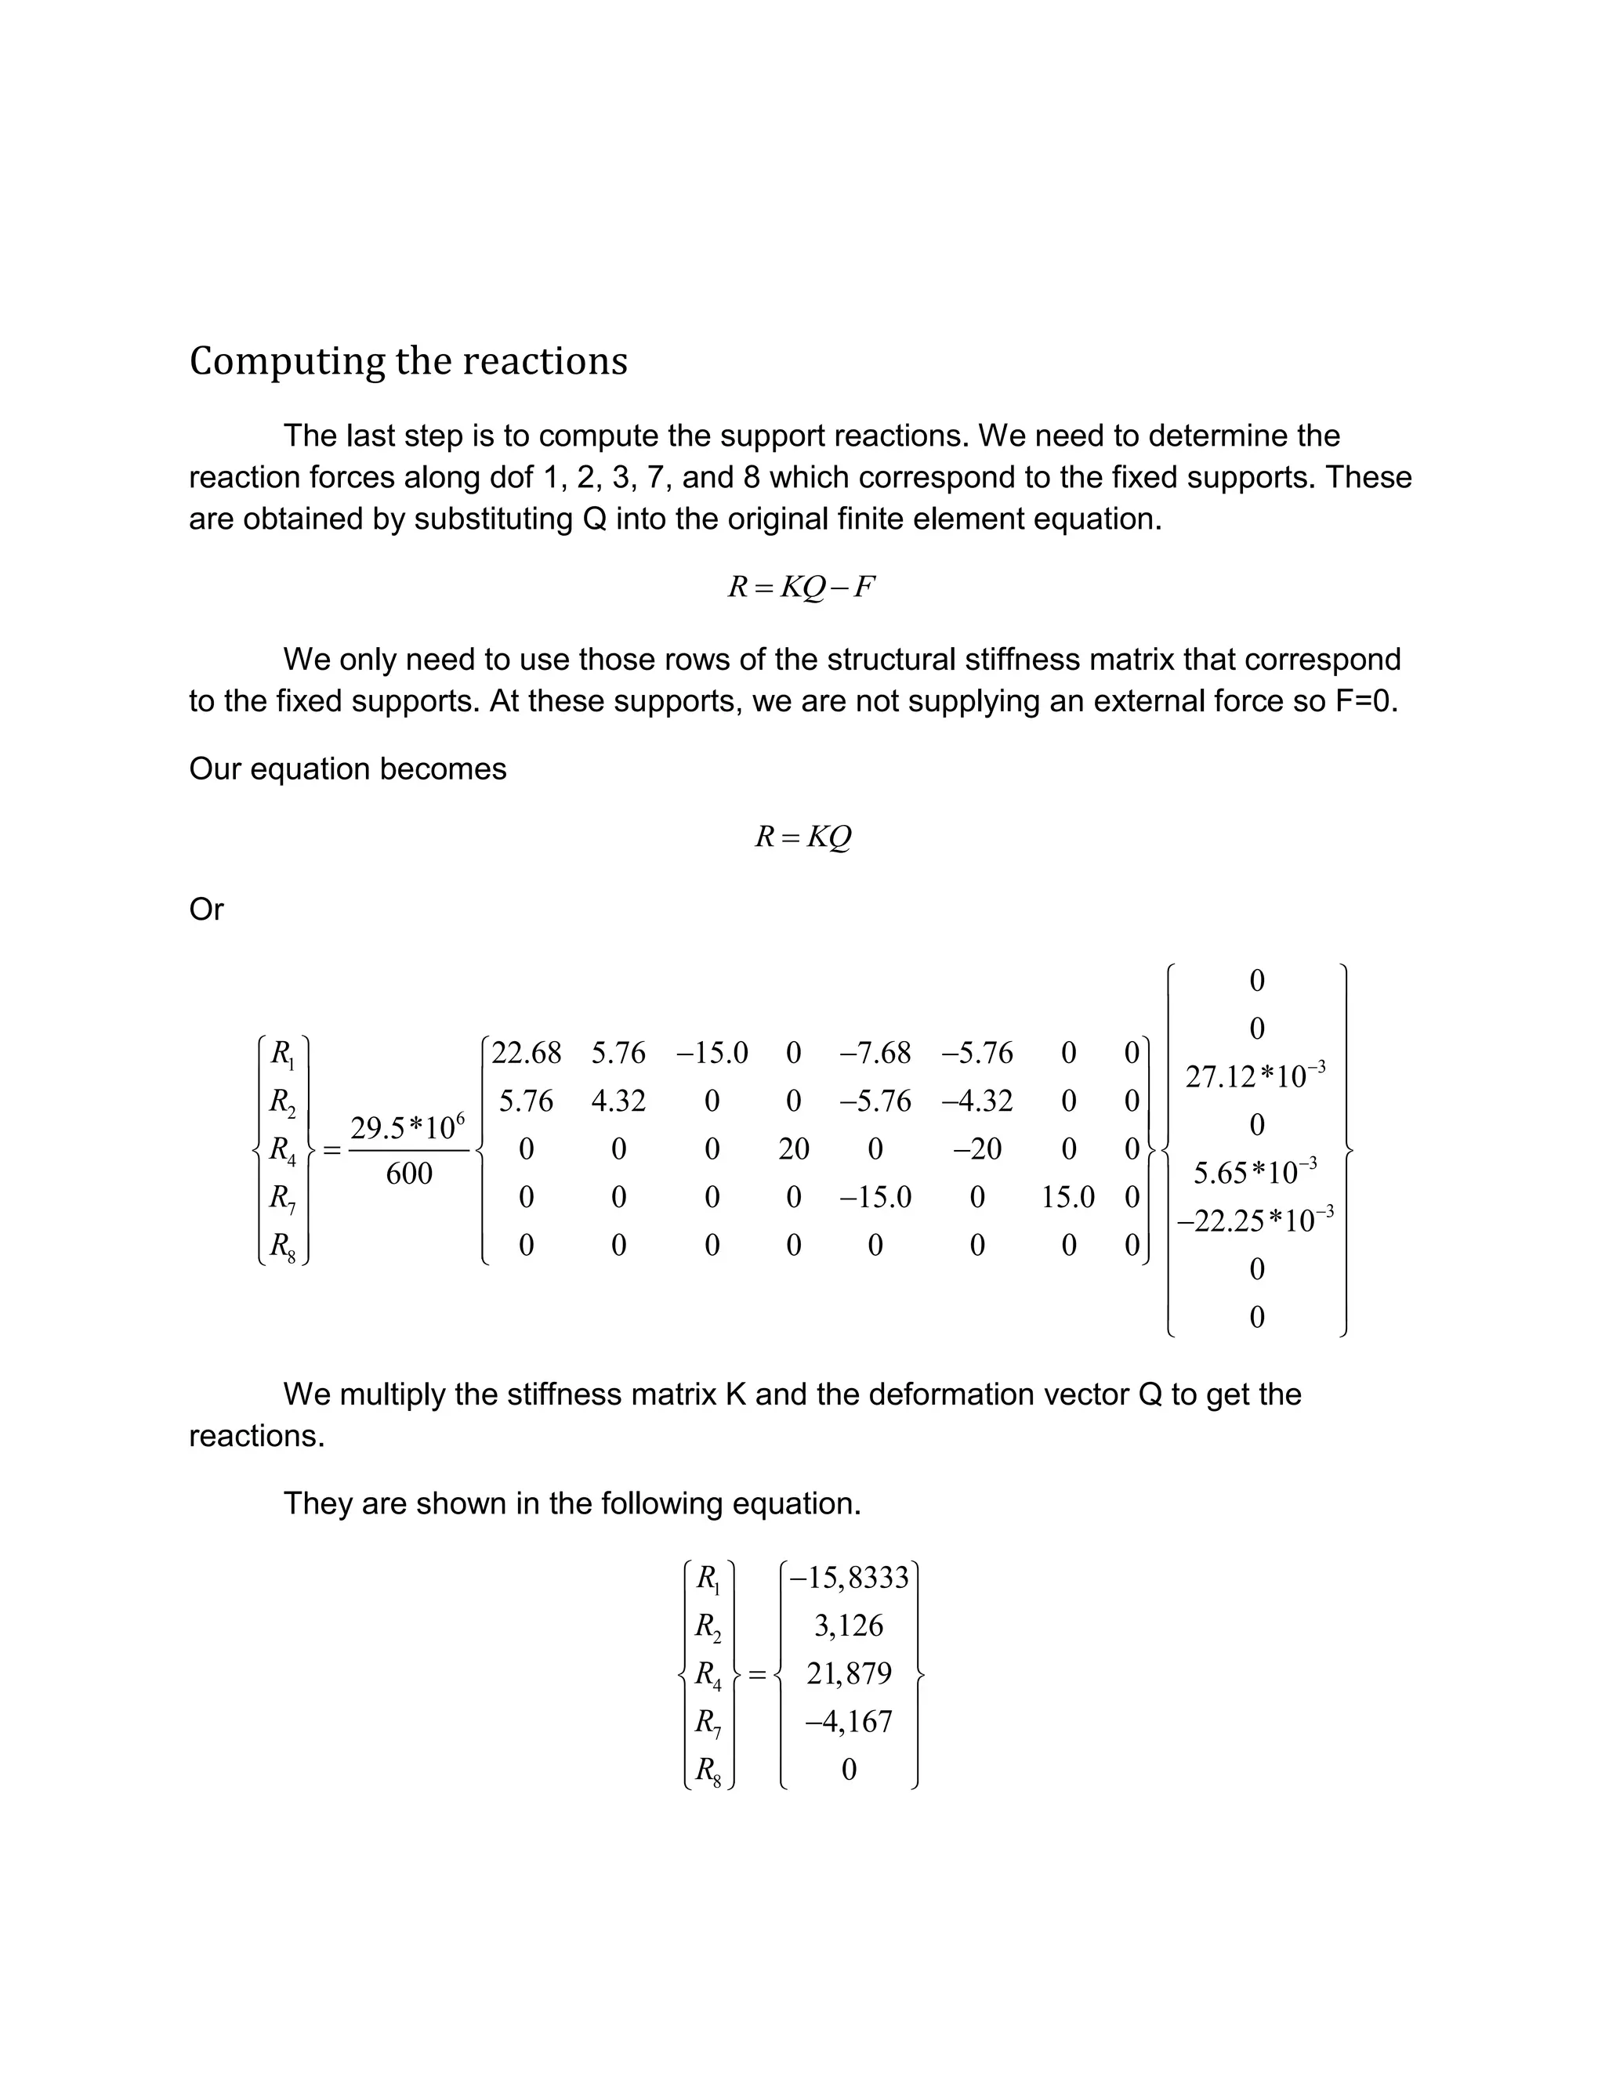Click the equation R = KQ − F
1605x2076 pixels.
[x=801, y=588]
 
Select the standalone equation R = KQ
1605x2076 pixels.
[x=802, y=837]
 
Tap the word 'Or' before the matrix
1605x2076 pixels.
[x=206, y=910]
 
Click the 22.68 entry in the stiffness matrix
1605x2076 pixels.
[x=526, y=1053]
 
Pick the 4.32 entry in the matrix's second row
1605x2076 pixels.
[x=618, y=1101]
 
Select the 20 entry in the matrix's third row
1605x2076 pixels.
[x=794, y=1149]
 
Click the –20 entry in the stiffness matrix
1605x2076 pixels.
[x=976, y=1149]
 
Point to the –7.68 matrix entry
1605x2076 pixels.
[x=875, y=1053]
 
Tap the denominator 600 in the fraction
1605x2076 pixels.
[x=409, y=1174]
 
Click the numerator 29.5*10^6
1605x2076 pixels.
[x=407, y=1127]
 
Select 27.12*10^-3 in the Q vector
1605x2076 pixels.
[x=1255, y=1076]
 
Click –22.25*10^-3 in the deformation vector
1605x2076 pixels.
[x=1255, y=1220]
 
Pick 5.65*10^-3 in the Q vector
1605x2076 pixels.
[x=1255, y=1172]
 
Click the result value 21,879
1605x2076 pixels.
[x=849, y=1673]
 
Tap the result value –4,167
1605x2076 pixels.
[x=849, y=1721]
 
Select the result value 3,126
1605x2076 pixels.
[x=849, y=1626]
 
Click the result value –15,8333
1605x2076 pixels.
[x=849, y=1578]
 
